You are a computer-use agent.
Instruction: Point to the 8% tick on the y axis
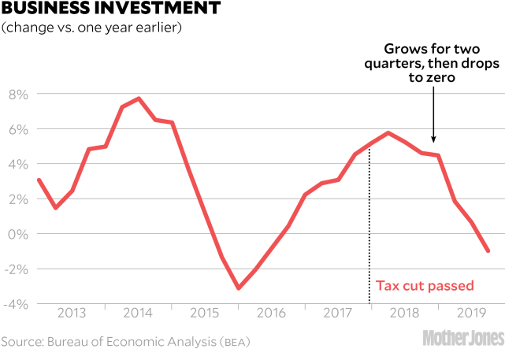tap(18, 95)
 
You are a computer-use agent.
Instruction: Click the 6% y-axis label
tap(18, 129)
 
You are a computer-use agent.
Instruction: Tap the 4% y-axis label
tap(18, 165)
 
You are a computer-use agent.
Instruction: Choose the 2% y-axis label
tap(18, 199)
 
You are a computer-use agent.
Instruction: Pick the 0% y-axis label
tap(18, 235)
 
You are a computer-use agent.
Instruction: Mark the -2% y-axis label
tap(16, 269)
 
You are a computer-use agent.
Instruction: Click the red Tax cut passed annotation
tap(418, 286)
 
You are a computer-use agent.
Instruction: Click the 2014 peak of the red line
tap(139, 98)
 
